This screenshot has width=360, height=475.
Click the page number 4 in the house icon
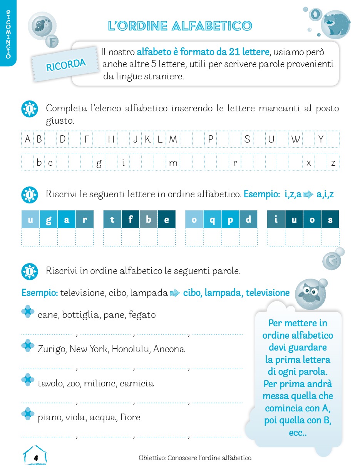point(36,458)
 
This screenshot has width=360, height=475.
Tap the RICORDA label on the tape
point(66,64)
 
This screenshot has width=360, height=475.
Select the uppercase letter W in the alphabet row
point(295,139)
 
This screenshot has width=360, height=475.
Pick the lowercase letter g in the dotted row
point(99,163)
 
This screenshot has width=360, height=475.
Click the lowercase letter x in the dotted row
point(308,163)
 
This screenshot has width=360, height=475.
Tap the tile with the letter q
point(212,220)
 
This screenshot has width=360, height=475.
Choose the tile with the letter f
point(131,220)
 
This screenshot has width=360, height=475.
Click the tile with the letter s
point(330,220)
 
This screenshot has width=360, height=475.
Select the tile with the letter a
point(67,220)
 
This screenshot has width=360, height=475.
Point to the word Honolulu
point(131,349)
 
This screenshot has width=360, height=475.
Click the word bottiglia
point(80,315)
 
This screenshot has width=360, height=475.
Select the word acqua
point(102,417)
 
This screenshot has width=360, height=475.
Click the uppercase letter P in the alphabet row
point(210,139)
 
